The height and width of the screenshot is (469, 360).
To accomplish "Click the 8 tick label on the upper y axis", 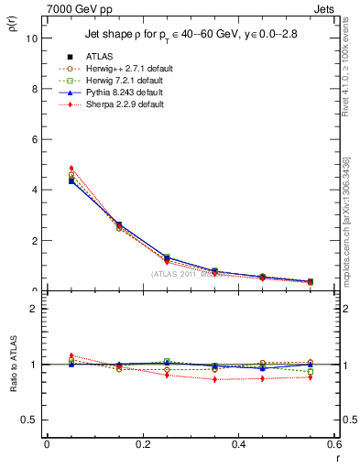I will [x=34, y=89].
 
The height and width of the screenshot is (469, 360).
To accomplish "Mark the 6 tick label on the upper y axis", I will [x=34, y=139].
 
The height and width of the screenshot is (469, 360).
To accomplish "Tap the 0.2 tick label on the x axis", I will [x=142, y=444].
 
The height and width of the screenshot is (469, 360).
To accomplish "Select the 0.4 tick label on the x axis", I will [x=238, y=444].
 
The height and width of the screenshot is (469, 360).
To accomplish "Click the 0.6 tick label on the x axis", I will [x=333, y=444].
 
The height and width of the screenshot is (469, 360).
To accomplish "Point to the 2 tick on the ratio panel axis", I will [x=34, y=309].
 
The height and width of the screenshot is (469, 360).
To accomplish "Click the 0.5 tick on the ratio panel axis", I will [x=30, y=420].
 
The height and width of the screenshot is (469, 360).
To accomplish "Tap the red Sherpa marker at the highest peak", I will [x=47, y=169].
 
